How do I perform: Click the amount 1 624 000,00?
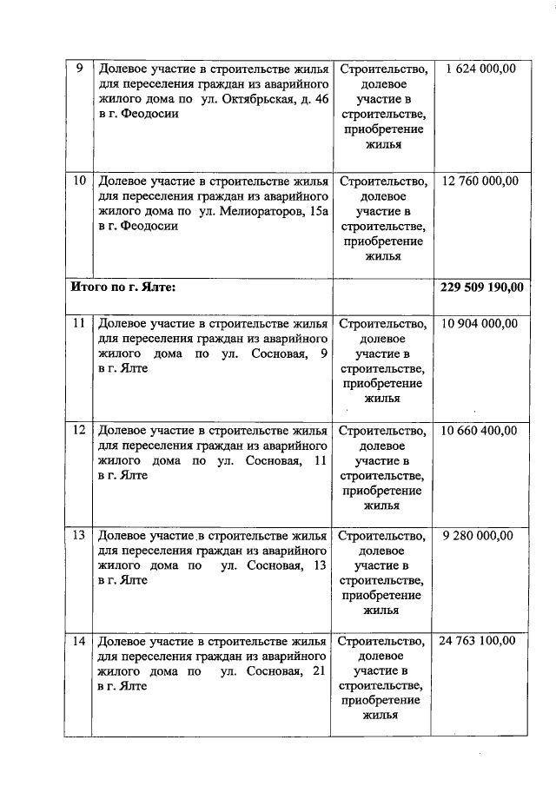[x=480, y=69]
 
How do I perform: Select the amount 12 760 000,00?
[x=480, y=182]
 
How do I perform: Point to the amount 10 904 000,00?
[x=480, y=323]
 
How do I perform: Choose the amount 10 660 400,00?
[x=480, y=430]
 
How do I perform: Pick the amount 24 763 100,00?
[x=480, y=641]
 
